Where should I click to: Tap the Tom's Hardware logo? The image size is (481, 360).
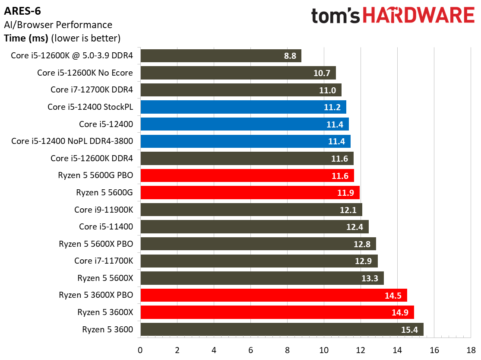click(392, 16)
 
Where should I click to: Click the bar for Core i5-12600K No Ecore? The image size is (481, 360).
click(238, 73)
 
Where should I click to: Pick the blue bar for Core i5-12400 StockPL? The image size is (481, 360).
click(243, 107)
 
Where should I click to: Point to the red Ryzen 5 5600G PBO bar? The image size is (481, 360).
click(247, 175)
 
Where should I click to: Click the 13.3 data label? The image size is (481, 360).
click(370, 278)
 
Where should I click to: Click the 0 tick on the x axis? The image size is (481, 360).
click(140, 350)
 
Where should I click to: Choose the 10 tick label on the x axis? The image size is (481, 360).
click(324, 350)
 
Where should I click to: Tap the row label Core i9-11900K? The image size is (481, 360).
click(104, 210)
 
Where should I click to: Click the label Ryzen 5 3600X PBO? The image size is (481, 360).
click(96, 295)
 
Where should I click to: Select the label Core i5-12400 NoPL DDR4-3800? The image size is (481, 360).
click(72, 141)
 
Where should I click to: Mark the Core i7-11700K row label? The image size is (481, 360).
click(104, 261)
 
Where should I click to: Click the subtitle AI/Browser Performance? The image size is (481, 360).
click(58, 25)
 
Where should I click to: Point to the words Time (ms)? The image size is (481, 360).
click(26, 38)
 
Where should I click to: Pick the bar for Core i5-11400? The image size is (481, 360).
click(254, 227)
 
